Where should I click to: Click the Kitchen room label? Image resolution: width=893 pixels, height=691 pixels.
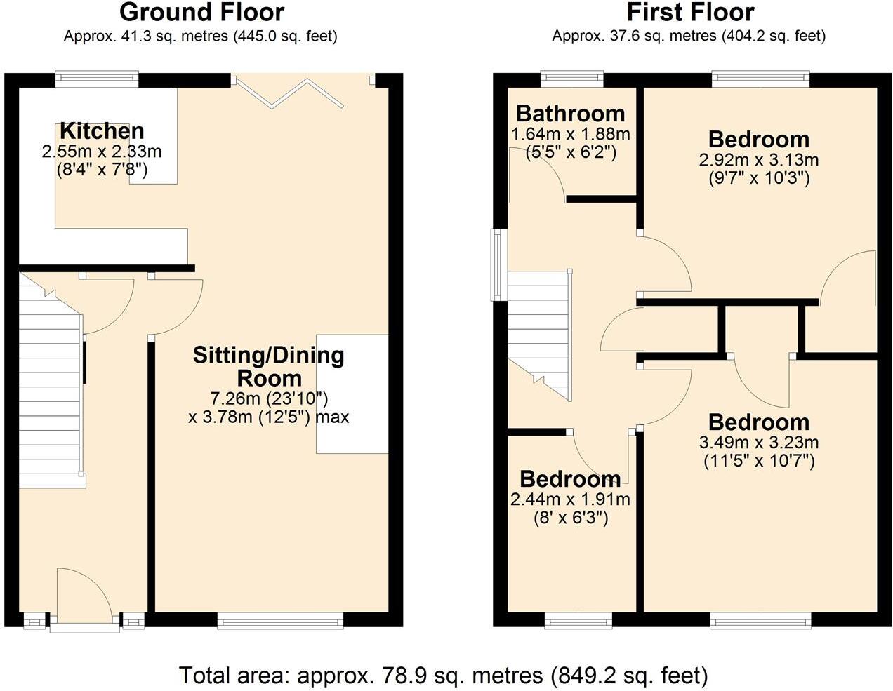[102, 130]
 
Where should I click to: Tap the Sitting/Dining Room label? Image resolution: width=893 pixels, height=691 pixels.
[269, 366]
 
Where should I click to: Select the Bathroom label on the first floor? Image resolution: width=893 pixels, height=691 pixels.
[570, 113]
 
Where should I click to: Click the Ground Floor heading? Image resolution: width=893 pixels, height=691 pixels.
[201, 13]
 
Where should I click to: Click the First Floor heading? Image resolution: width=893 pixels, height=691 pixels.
[690, 13]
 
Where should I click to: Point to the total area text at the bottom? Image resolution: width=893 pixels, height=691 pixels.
[443, 675]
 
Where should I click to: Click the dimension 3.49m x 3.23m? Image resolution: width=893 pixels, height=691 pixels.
[758, 443]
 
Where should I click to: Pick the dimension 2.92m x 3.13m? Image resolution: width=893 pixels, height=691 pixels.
[758, 160]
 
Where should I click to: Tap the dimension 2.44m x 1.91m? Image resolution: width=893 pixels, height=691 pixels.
[569, 499]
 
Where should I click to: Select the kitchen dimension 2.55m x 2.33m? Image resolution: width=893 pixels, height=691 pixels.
[102, 151]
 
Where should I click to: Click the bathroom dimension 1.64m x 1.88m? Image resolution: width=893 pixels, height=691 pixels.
[570, 133]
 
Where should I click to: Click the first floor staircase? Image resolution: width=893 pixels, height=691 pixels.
[539, 330]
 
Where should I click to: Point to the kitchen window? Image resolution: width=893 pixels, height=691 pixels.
[97, 79]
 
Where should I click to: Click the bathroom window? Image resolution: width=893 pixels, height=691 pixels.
[571, 79]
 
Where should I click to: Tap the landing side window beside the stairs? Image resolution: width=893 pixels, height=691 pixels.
[499, 264]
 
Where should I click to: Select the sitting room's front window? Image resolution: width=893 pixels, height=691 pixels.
[280, 619]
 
